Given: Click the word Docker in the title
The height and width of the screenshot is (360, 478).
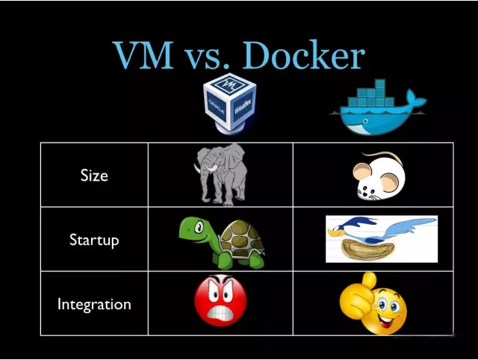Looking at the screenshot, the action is (303, 55).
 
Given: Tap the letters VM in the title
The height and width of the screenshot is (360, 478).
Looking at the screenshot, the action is (143, 55).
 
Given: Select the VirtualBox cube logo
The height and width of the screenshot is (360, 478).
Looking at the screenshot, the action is (230, 104).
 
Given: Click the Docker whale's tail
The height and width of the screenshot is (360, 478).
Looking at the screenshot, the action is (415, 99).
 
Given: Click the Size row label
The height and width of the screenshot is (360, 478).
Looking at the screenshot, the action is (94, 176).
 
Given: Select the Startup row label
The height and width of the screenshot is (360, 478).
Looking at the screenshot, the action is (94, 240).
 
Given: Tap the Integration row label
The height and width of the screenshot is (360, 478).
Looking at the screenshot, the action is (94, 304).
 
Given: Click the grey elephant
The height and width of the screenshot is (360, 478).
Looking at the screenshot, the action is (222, 175).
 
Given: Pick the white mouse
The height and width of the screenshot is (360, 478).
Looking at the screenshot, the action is (379, 176).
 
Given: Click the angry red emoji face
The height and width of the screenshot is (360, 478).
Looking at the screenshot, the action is (220, 300).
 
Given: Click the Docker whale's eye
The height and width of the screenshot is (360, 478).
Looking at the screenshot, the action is (365, 121).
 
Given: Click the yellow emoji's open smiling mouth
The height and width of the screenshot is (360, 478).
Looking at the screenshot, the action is (386, 320).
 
